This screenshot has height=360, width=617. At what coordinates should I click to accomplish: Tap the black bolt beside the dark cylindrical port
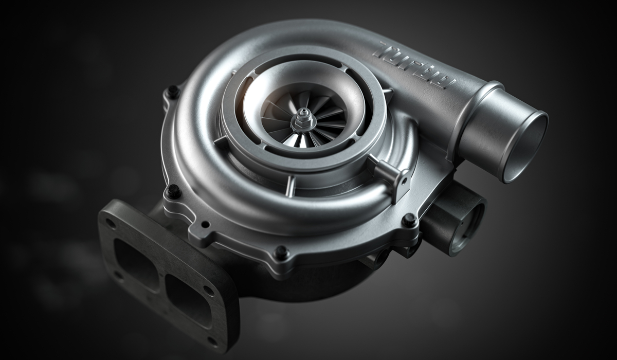[410, 220]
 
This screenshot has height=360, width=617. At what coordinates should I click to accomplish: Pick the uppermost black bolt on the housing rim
[173, 91]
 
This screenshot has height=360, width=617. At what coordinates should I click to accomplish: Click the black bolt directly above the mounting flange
[174, 191]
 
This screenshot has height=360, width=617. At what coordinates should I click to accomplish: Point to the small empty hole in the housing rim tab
[205, 225]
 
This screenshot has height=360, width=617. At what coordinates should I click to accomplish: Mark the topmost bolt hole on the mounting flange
[110, 223]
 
